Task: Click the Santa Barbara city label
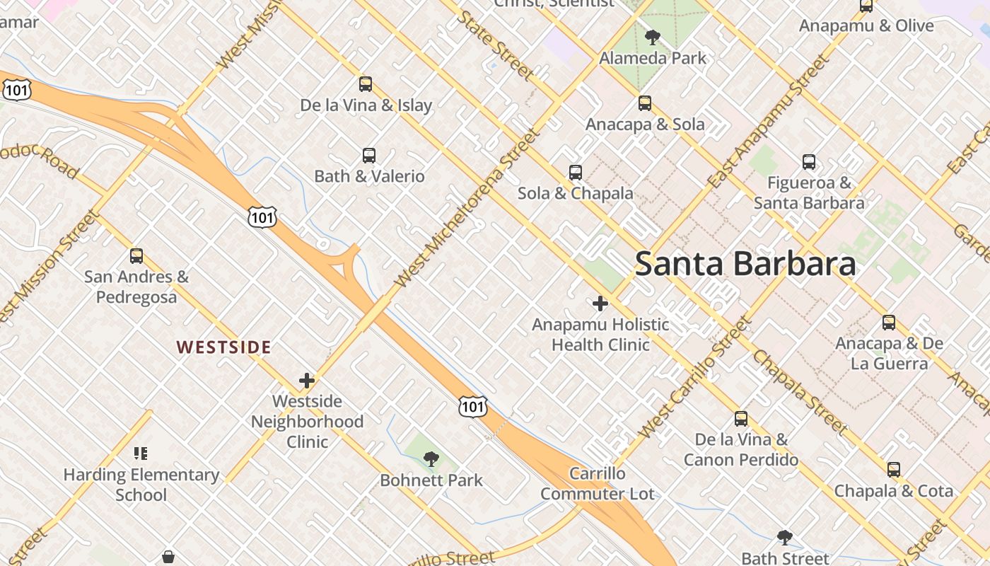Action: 745,263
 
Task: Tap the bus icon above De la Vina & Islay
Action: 365,84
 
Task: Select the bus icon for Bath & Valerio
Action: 368,156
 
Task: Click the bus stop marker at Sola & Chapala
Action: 575,173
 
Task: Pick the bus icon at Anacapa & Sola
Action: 644,103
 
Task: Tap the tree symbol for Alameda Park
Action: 652,37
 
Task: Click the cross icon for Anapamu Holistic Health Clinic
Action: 600,304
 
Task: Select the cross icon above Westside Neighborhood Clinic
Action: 306,381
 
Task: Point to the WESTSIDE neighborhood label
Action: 223,347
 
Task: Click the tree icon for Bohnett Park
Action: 431,459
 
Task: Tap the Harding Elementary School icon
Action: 141,454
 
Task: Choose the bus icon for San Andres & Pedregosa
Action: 136,256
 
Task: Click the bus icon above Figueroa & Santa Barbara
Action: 808,162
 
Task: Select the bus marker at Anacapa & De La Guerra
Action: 888,323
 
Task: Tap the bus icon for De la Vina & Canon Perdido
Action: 740,419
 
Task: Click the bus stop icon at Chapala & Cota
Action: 893,470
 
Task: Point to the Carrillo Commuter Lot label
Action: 598,483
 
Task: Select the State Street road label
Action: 496,44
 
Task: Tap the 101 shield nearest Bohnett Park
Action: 472,406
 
